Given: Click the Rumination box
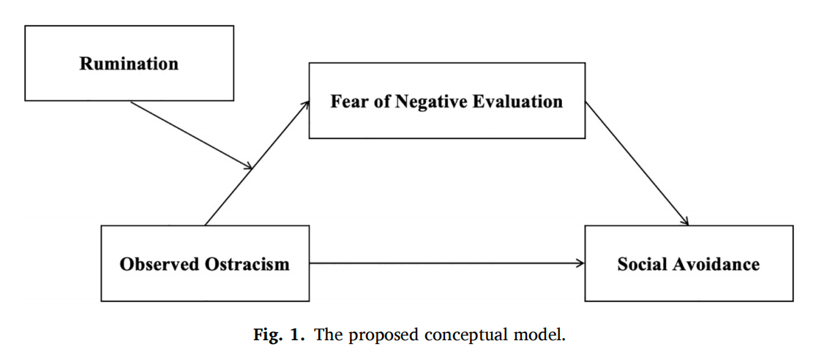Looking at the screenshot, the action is [x=130, y=63].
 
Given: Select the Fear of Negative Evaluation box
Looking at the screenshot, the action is [x=446, y=101].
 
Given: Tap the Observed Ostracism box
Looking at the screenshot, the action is [x=205, y=263].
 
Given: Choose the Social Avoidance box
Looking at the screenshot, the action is [x=689, y=263].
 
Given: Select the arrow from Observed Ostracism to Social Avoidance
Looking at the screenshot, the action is [x=447, y=263].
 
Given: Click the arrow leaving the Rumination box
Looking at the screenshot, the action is [x=192, y=135].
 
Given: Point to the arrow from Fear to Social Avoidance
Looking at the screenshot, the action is [x=637, y=163].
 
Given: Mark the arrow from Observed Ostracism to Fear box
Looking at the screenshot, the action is [x=257, y=163].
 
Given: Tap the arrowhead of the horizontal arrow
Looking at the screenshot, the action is [x=580, y=263].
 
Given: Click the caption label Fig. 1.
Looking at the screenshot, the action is [x=279, y=335].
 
